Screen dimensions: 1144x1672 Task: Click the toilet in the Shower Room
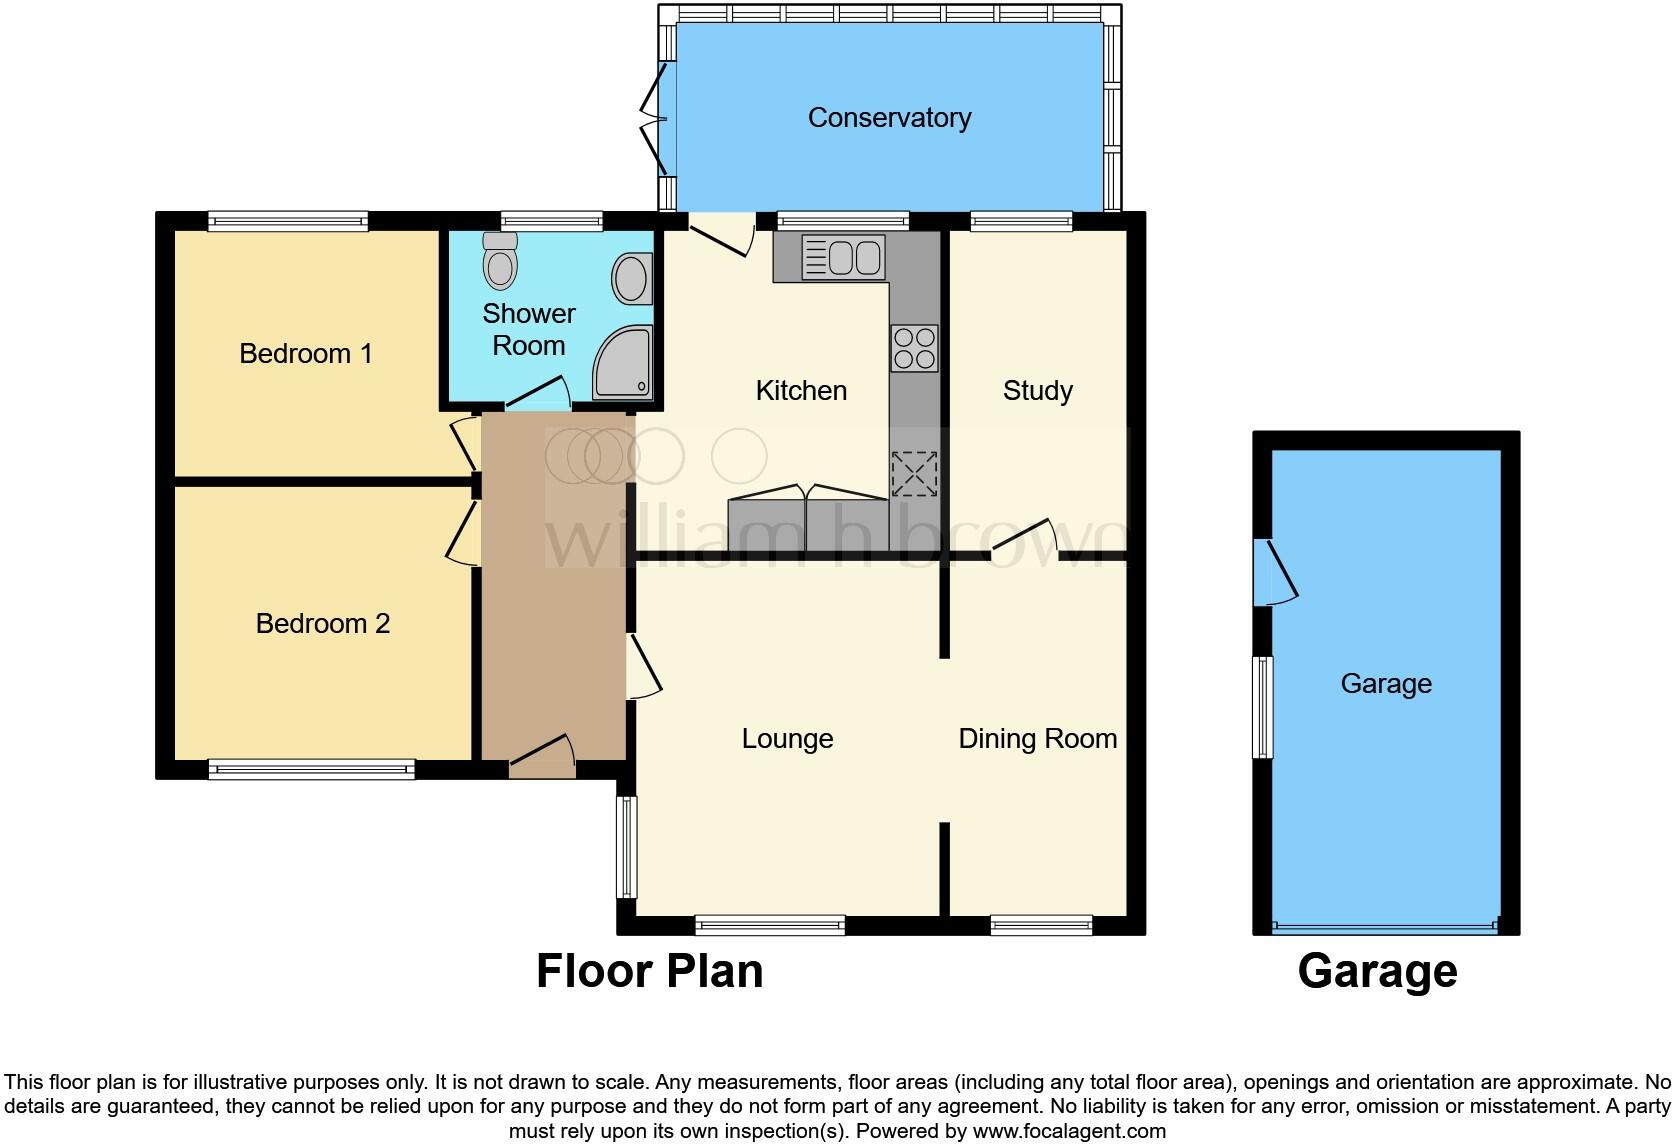(499, 262)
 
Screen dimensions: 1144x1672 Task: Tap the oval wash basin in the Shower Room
(632, 279)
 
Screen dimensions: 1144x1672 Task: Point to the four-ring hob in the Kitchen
(914, 348)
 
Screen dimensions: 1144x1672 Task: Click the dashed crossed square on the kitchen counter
(914, 474)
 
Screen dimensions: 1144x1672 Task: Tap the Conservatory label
(889, 118)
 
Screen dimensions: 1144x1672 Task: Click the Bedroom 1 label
(306, 354)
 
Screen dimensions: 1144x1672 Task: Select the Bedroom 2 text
(322, 624)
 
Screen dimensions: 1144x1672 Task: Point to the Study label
(1037, 391)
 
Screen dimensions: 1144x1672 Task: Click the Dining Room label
(1037, 739)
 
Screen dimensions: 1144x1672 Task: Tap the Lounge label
(787, 739)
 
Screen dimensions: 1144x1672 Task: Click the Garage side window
(1264, 707)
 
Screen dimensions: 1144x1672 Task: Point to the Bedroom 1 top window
(288, 221)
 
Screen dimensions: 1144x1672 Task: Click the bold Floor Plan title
(649, 971)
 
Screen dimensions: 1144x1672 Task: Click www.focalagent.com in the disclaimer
(1069, 1132)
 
